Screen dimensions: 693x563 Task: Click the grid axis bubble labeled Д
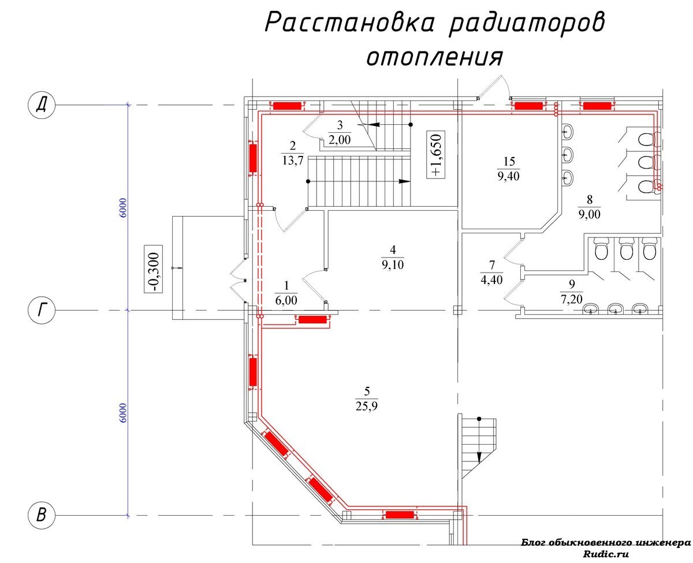click(41, 105)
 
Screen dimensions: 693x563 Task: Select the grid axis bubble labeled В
click(41, 514)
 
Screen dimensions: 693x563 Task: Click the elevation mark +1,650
click(435, 154)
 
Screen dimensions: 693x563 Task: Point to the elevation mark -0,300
click(153, 269)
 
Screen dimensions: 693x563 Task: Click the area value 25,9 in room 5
click(366, 407)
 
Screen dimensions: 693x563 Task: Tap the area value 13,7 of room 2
click(292, 160)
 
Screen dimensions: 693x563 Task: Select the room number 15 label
click(509, 161)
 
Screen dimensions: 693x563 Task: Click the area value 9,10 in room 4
click(392, 264)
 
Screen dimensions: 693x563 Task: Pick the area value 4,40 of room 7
click(491, 279)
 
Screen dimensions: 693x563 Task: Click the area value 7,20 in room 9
click(571, 299)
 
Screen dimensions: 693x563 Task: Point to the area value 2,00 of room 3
click(340, 140)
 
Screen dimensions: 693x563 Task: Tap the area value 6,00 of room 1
click(286, 300)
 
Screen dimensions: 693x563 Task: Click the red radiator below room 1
click(312, 319)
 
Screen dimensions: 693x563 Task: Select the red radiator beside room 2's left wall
click(252, 158)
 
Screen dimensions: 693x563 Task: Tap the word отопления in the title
click(435, 57)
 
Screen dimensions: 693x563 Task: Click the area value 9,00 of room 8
click(589, 214)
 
